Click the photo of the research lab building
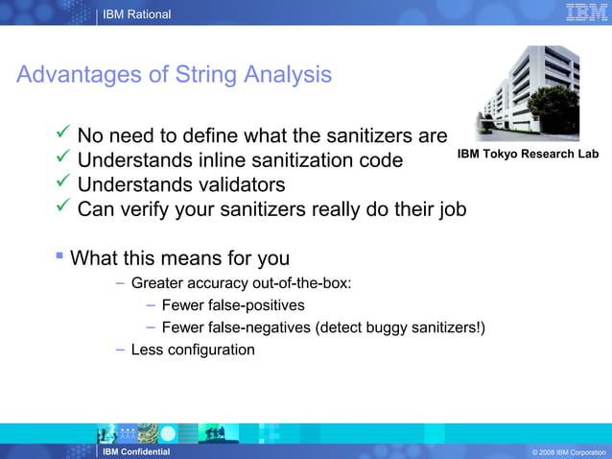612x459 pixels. (528, 93)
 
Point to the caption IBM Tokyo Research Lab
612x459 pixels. (528, 154)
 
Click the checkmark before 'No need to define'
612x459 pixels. (63, 133)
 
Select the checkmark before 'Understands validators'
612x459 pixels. (63, 183)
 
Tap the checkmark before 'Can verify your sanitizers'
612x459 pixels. (63, 208)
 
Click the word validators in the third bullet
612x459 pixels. (238, 184)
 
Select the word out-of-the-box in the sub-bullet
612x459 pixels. (301, 283)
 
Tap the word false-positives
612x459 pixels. (253, 305)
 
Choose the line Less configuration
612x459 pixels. (193, 350)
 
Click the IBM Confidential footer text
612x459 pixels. (136, 451)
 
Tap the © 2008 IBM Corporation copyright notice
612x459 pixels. (568, 452)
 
